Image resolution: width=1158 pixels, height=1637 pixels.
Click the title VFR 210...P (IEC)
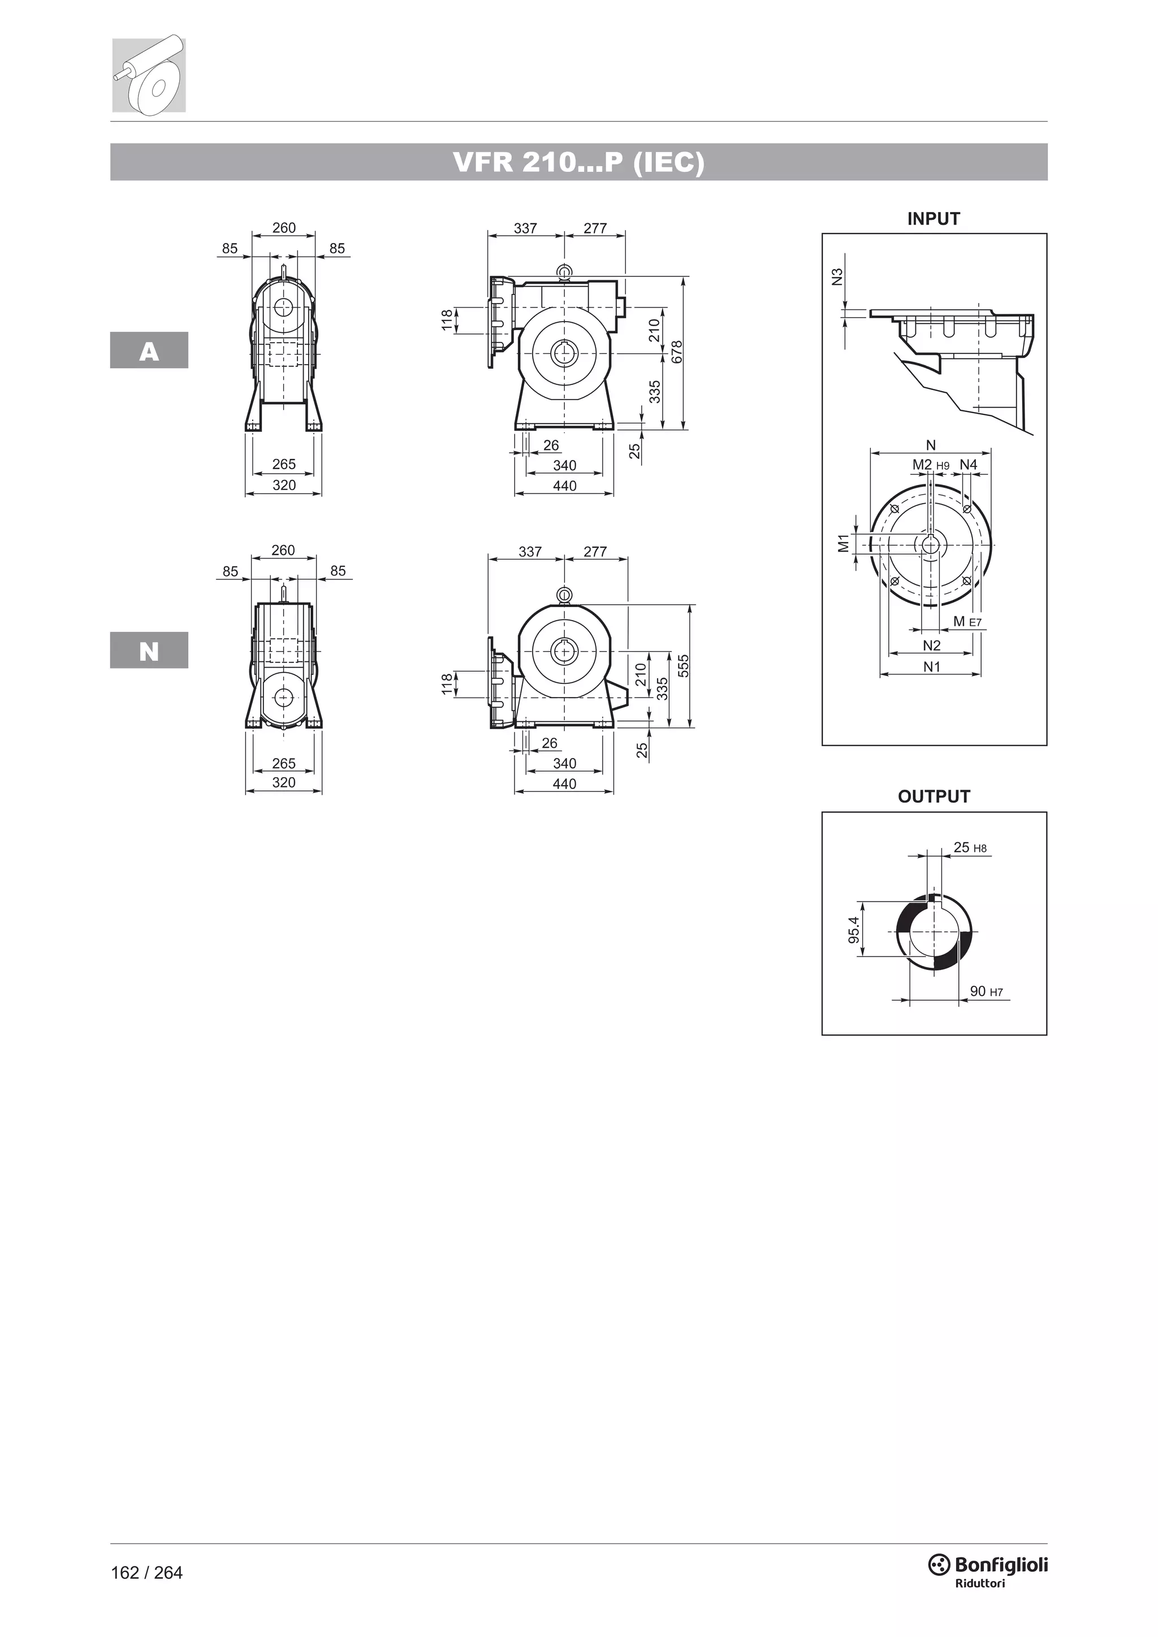(578, 163)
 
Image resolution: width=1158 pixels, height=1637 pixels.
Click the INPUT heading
(934, 219)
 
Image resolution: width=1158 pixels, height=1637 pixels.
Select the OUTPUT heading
(934, 796)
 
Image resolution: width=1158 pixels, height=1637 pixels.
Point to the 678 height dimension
(677, 352)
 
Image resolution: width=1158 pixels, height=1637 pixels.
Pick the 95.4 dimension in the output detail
(854, 930)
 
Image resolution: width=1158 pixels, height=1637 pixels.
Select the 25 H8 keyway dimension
(970, 848)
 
